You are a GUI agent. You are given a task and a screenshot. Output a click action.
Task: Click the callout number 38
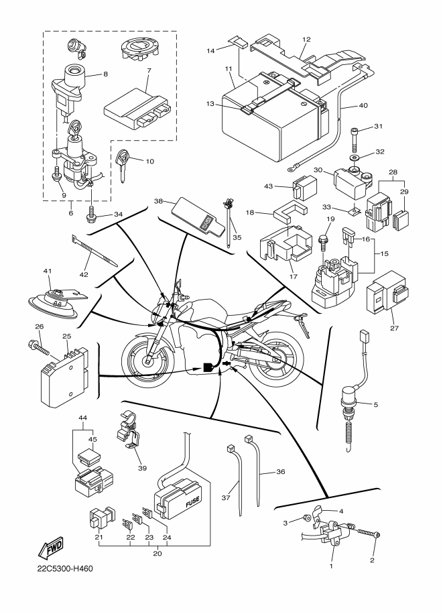pyautogui.click(x=159, y=201)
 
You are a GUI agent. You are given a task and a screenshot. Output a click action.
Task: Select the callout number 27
pyautogui.click(x=393, y=328)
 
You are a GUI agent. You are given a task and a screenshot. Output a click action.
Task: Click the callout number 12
pyautogui.click(x=306, y=39)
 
